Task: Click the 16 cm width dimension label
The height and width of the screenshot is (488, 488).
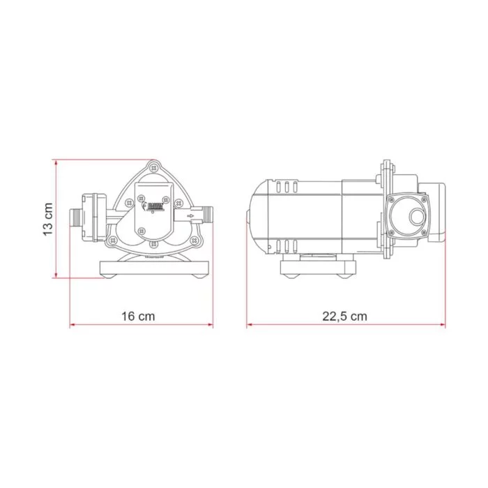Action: click(x=137, y=316)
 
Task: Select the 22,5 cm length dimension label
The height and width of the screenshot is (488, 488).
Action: click(x=344, y=316)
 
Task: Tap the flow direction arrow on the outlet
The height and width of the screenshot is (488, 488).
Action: click(x=190, y=218)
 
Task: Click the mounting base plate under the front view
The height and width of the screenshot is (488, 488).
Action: click(x=154, y=268)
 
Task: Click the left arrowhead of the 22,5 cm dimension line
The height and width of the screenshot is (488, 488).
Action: click(x=249, y=326)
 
